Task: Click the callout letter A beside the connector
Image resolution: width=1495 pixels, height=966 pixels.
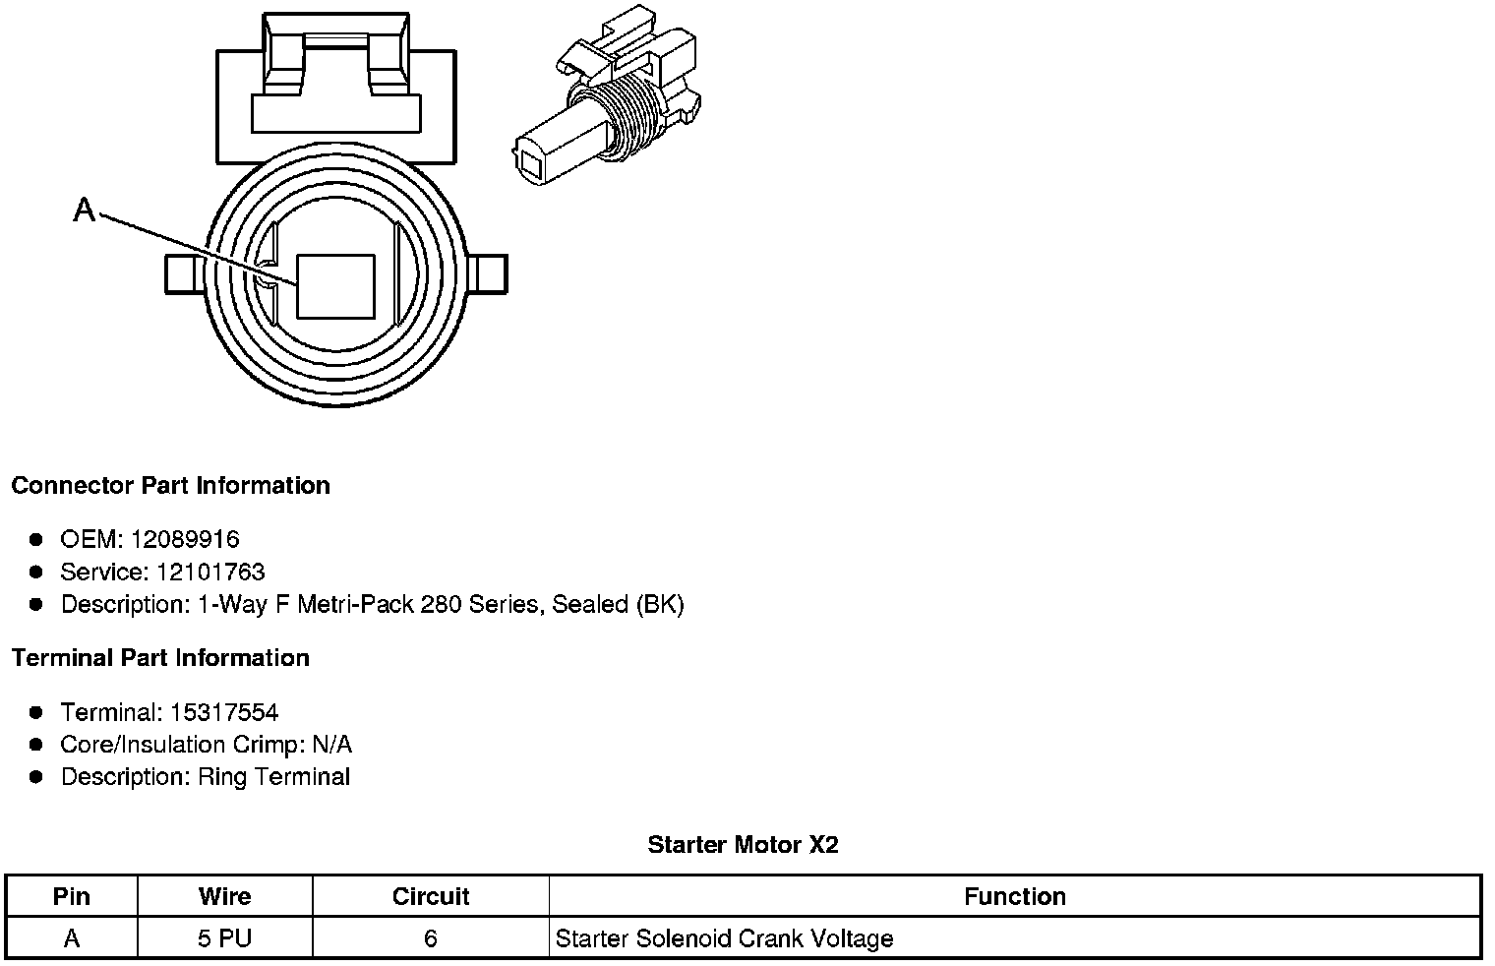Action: click(x=85, y=209)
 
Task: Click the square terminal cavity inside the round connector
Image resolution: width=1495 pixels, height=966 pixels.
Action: click(x=335, y=286)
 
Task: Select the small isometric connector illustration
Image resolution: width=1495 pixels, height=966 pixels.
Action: click(x=607, y=101)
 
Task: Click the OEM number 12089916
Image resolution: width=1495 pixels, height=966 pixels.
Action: click(x=184, y=539)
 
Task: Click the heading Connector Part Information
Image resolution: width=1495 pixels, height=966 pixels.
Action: click(x=170, y=485)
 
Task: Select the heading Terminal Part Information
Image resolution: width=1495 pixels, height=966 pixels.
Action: click(x=160, y=657)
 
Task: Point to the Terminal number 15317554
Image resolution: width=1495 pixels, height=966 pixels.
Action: click(x=223, y=711)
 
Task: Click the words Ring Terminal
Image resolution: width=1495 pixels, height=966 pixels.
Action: click(x=273, y=776)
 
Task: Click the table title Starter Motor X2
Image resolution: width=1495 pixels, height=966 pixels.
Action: click(x=743, y=844)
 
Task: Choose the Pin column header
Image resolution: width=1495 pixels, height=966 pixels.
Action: click(x=71, y=896)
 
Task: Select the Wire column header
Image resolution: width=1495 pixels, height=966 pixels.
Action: click(x=224, y=896)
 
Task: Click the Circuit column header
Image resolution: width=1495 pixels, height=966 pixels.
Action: click(x=430, y=896)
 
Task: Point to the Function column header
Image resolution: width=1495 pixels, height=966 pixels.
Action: click(x=1014, y=896)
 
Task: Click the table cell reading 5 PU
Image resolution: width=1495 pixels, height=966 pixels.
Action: click(x=224, y=938)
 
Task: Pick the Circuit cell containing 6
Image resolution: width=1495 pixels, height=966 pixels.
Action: click(x=430, y=938)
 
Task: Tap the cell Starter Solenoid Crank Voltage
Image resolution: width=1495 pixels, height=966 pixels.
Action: click(x=724, y=938)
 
